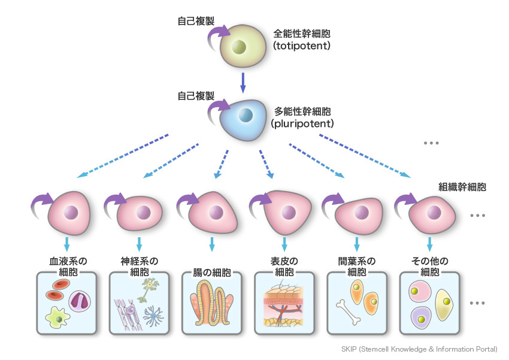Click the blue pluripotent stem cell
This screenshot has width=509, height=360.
pos(244,115)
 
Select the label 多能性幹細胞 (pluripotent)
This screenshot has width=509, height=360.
pos(304,117)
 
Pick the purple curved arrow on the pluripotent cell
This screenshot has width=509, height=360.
pos(219,109)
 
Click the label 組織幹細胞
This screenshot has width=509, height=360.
pos(462,186)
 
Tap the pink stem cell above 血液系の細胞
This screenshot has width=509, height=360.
pos(70,214)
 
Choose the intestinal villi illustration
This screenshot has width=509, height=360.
pos(212,305)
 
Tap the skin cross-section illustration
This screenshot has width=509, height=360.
pos(284,305)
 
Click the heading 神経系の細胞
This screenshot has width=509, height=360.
pos(139,266)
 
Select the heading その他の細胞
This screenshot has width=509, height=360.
pos(429,266)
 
